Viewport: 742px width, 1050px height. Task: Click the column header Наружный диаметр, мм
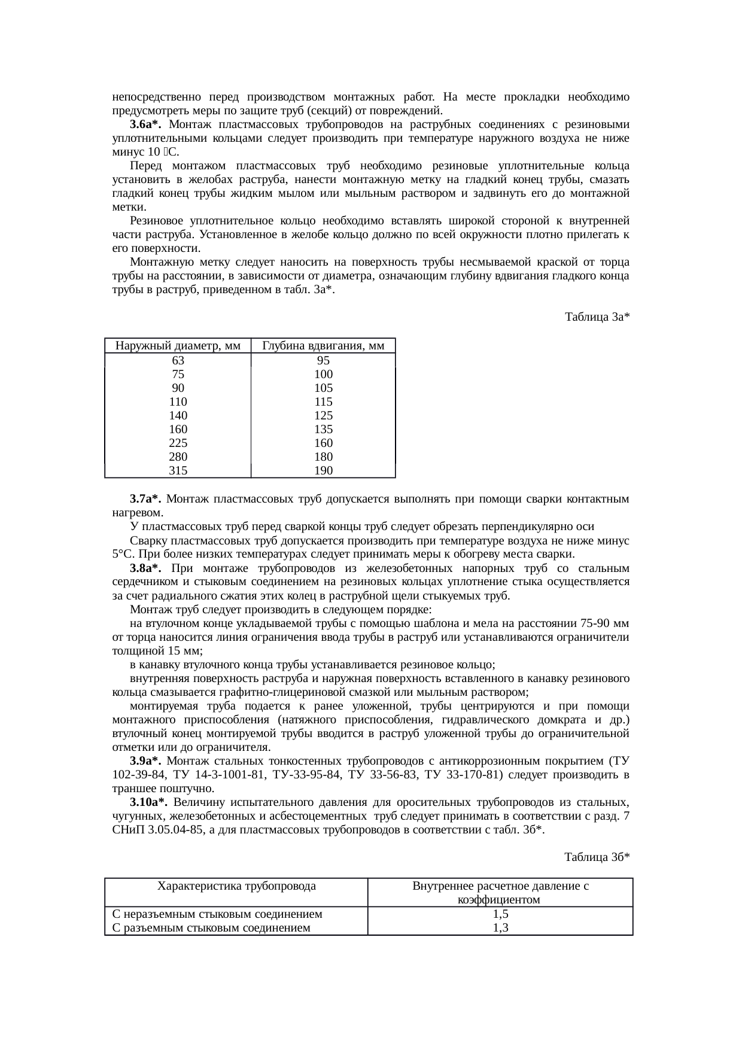coord(178,346)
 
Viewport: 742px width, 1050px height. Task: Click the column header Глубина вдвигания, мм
coord(323,346)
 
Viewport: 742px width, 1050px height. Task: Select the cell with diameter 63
coord(178,361)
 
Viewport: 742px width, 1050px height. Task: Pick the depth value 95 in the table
coord(323,361)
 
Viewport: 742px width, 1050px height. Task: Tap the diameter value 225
coord(178,443)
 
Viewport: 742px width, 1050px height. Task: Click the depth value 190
coord(323,471)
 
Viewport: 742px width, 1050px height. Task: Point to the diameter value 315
coord(178,471)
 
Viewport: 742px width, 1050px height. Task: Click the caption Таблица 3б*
coord(597,857)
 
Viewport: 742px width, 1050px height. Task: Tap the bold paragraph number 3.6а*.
coord(146,124)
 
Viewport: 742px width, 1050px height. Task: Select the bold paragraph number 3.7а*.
coord(146,499)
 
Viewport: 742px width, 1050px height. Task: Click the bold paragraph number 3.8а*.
coord(146,568)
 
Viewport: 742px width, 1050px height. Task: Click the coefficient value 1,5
coord(500,915)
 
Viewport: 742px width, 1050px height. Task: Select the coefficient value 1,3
coord(500,928)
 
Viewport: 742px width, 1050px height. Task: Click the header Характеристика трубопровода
coord(236,887)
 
